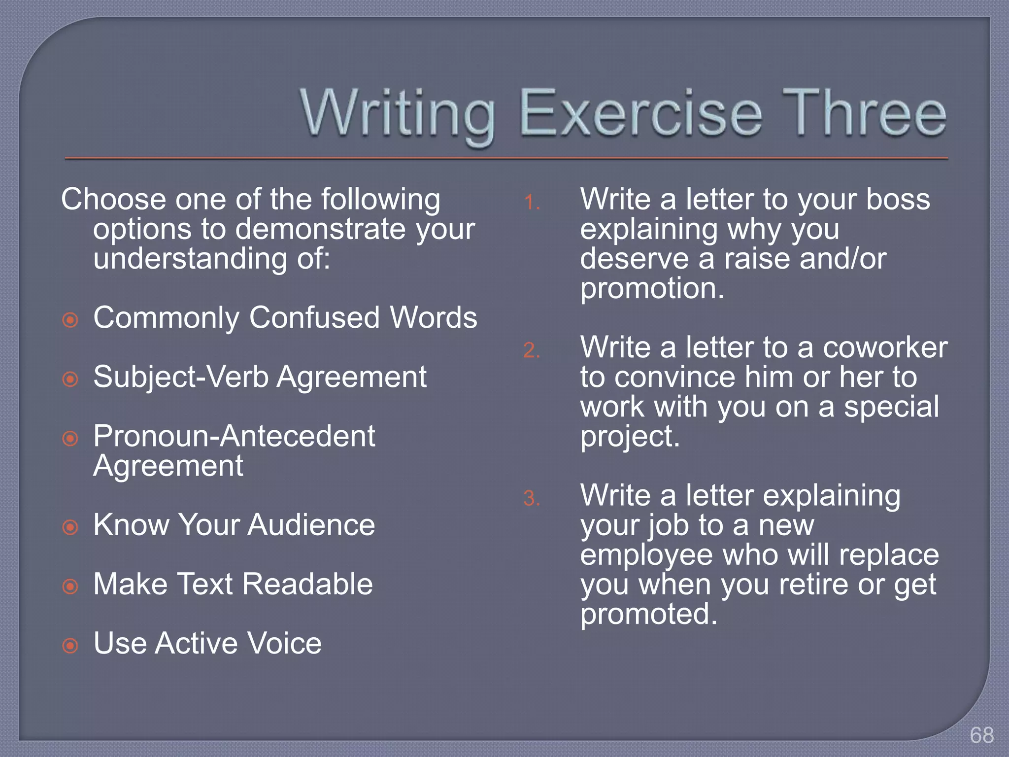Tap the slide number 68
[x=981, y=735]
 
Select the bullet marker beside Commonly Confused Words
[x=70, y=320]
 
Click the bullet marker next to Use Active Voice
[x=70, y=645]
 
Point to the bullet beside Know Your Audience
[x=70, y=527]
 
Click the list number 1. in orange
[x=532, y=203]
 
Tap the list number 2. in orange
[x=532, y=350]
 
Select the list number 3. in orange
[x=532, y=498]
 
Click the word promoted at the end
[x=648, y=614]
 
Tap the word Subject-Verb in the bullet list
[x=181, y=378]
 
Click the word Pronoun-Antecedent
[x=234, y=436]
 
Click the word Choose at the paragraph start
[x=114, y=199]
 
